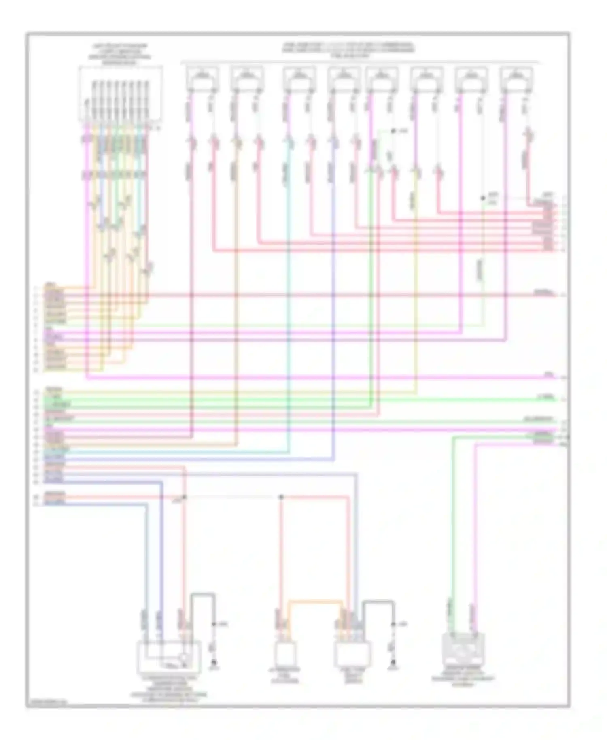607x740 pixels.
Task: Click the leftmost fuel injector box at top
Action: pyautogui.click(x=203, y=79)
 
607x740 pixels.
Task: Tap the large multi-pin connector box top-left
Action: pyautogui.click(x=121, y=94)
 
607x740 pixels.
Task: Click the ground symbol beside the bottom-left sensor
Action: pyautogui.click(x=214, y=663)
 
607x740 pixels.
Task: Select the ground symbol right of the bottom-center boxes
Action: pyautogui.click(x=392, y=663)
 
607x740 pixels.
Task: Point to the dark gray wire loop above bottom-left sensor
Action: pyautogui.click(x=203, y=595)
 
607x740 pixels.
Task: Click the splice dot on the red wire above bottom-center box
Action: pyautogui.click(x=281, y=497)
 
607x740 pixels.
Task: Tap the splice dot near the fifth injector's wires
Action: pyautogui.click(x=392, y=131)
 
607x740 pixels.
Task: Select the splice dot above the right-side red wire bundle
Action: pyautogui.click(x=482, y=198)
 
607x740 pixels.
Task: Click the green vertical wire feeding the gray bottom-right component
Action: pyautogui.click(x=453, y=526)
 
